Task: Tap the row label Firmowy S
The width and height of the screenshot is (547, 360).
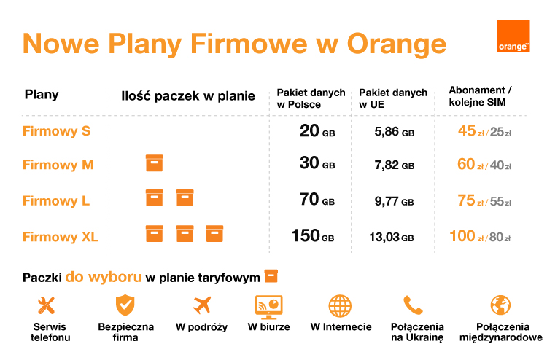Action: pyautogui.click(x=56, y=131)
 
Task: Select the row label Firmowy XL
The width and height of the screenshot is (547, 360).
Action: pyautogui.click(x=61, y=236)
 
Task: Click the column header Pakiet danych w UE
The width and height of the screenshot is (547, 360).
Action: pyautogui.click(x=393, y=98)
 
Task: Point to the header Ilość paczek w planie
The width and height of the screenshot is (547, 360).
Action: pyautogui.click(x=188, y=96)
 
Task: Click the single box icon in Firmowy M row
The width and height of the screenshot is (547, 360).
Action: pyautogui.click(x=154, y=163)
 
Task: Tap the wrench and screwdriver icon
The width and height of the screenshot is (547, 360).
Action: pyautogui.click(x=47, y=305)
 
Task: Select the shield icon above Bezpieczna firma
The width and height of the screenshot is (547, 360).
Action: pyautogui.click(x=125, y=305)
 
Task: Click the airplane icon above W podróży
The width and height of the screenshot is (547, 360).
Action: pyautogui.click(x=202, y=305)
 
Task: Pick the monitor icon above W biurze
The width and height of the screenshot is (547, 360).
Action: pyautogui.click(x=268, y=305)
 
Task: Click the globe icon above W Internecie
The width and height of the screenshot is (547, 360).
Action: pyautogui.click(x=340, y=305)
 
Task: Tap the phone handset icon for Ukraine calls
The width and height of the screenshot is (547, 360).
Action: pyautogui.click(x=413, y=305)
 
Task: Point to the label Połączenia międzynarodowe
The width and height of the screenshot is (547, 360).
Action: pyautogui.click(x=501, y=332)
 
